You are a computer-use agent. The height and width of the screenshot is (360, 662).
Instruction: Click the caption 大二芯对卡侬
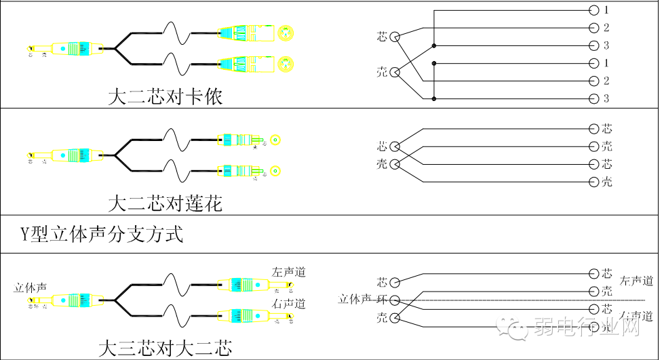pyautogui.click(x=165, y=97)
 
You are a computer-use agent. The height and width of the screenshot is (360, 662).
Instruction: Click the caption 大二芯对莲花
pyautogui.click(x=165, y=203)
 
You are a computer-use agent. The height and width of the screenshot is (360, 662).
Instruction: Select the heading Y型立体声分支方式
pyautogui.click(x=102, y=235)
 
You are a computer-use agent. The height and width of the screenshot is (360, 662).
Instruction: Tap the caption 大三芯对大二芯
pyautogui.click(x=165, y=349)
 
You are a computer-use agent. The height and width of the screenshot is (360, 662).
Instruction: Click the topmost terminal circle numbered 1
pyautogui.click(x=594, y=10)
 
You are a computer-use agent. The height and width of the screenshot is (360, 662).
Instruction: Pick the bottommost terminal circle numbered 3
pyautogui.click(x=594, y=99)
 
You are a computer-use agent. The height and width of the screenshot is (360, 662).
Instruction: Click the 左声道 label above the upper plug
pyautogui.click(x=288, y=272)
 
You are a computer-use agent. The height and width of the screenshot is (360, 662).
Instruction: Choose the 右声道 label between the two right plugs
pyautogui.click(x=288, y=302)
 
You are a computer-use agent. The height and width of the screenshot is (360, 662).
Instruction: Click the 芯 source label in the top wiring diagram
pyautogui.click(x=383, y=36)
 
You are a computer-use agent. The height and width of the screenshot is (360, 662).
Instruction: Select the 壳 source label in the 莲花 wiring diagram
pyautogui.click(x=383, y=163)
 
